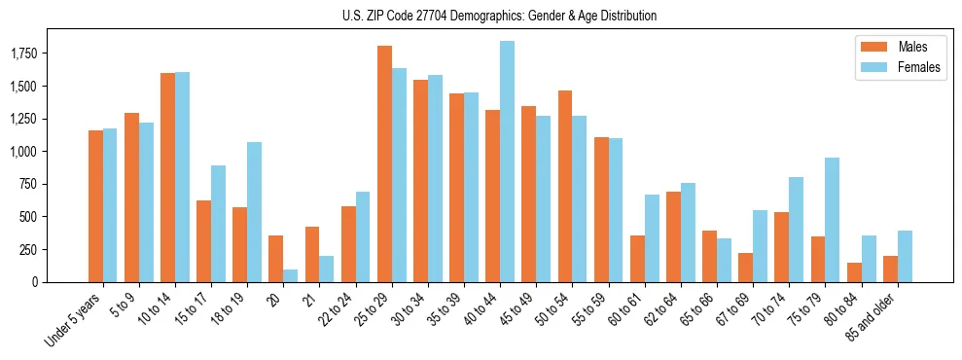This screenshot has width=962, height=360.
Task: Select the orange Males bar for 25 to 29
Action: click(384, 163)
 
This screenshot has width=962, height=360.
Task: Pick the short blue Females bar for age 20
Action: click(291, 275)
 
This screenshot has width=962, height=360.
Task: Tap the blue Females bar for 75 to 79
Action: click(832, 220)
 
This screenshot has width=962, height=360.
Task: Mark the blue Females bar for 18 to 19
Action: click(254, 212)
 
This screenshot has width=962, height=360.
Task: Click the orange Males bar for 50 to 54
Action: click(565, 186)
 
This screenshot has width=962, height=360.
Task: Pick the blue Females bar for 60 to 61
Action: click(652, 238)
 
